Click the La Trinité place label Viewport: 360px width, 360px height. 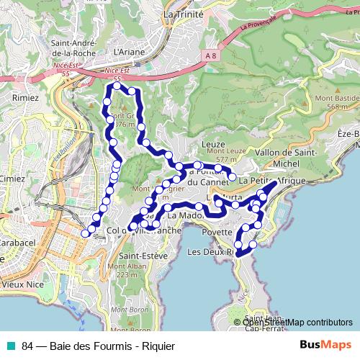tap(184, 14)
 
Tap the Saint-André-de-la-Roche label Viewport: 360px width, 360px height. tap(74, 48)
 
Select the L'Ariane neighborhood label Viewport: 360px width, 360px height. tap(130, 53)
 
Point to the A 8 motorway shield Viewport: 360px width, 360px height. tap(210, 55)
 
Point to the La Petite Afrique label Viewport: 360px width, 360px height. tap(274, 180)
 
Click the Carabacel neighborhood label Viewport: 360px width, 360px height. tap(18, 243)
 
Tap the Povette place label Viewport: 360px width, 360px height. tap(217, 233)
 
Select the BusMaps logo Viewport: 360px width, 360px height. tap(325, 346)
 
